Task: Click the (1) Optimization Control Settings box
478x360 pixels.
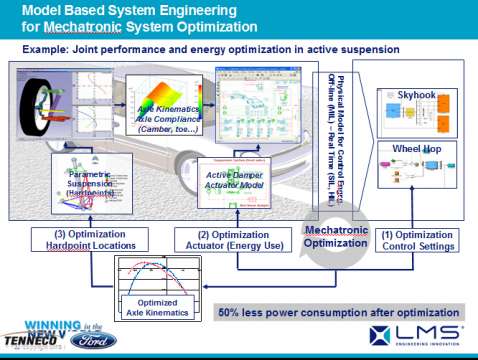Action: pyautogui.click(x=420, y=241)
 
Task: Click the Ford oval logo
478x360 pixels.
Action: pyautogui.click(x=97, y=340)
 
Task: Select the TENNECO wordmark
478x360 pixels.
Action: pyautogui.click(x=25, y=339)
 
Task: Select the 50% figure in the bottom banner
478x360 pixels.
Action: pyautogui.click(x=233, y=313)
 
